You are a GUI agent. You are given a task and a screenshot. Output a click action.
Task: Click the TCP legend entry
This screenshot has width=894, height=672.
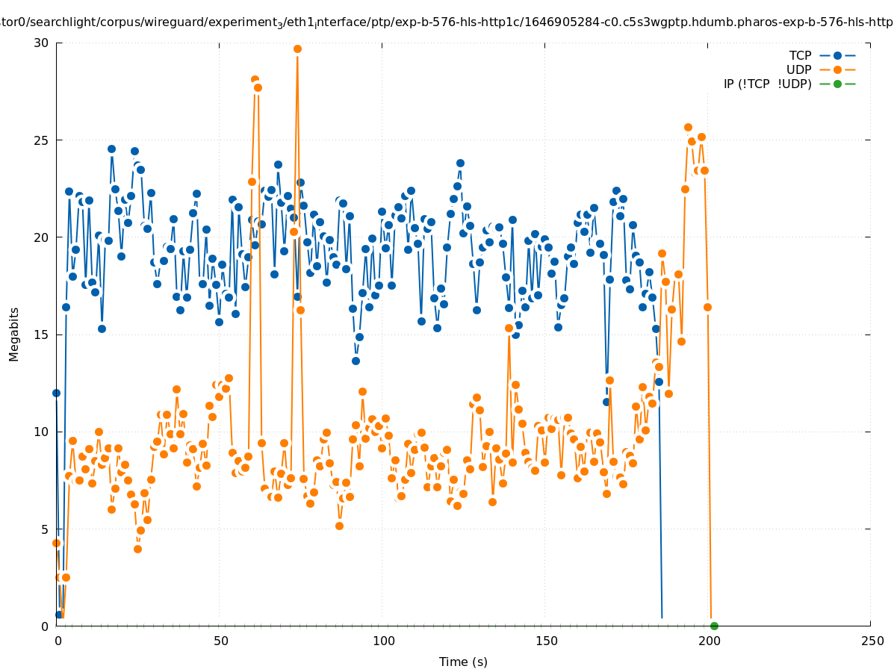800,55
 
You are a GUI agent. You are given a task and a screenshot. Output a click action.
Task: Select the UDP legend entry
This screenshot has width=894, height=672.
798,69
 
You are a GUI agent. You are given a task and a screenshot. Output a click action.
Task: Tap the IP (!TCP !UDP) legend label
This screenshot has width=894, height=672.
767,84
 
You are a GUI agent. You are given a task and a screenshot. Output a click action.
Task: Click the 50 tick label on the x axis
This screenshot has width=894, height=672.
220,641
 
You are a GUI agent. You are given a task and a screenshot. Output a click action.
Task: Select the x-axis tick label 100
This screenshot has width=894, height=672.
382,641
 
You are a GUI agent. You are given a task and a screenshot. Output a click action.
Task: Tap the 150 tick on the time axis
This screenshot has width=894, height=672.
545,641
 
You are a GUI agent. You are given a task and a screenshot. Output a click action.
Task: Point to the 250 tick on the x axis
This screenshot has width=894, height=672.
871,641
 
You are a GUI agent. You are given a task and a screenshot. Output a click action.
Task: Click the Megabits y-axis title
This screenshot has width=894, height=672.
14,334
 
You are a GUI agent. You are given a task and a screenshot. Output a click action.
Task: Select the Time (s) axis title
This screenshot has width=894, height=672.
463,662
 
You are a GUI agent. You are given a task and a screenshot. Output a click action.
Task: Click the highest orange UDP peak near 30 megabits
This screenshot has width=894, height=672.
297,49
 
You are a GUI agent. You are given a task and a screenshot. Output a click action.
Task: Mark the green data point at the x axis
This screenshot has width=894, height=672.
714,626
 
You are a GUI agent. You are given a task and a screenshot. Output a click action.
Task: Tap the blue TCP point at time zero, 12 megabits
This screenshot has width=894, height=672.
56,393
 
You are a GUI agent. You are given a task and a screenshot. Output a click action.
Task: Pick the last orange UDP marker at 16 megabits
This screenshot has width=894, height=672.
707,307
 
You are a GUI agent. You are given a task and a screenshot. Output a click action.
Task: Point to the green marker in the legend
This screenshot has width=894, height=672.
837,84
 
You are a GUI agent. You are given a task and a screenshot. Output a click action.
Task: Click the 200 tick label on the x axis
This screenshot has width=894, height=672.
708,641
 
